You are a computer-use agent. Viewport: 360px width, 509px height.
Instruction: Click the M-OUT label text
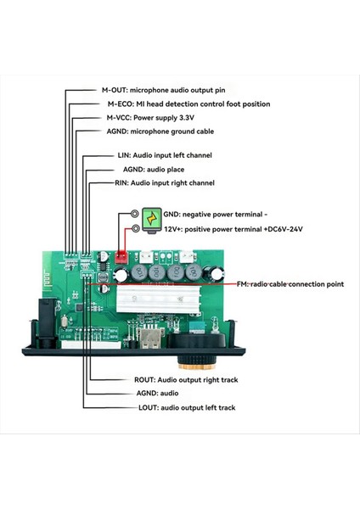(166, 90)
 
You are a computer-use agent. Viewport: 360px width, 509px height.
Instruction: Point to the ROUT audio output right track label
(168, 380)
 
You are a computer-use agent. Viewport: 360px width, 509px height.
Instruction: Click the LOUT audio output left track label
(163, 408)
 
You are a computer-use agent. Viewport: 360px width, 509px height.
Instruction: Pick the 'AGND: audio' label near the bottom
(135, 394)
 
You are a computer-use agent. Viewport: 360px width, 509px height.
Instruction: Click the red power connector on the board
(121, 256)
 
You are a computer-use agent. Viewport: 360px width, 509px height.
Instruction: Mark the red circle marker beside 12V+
(134, 229)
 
